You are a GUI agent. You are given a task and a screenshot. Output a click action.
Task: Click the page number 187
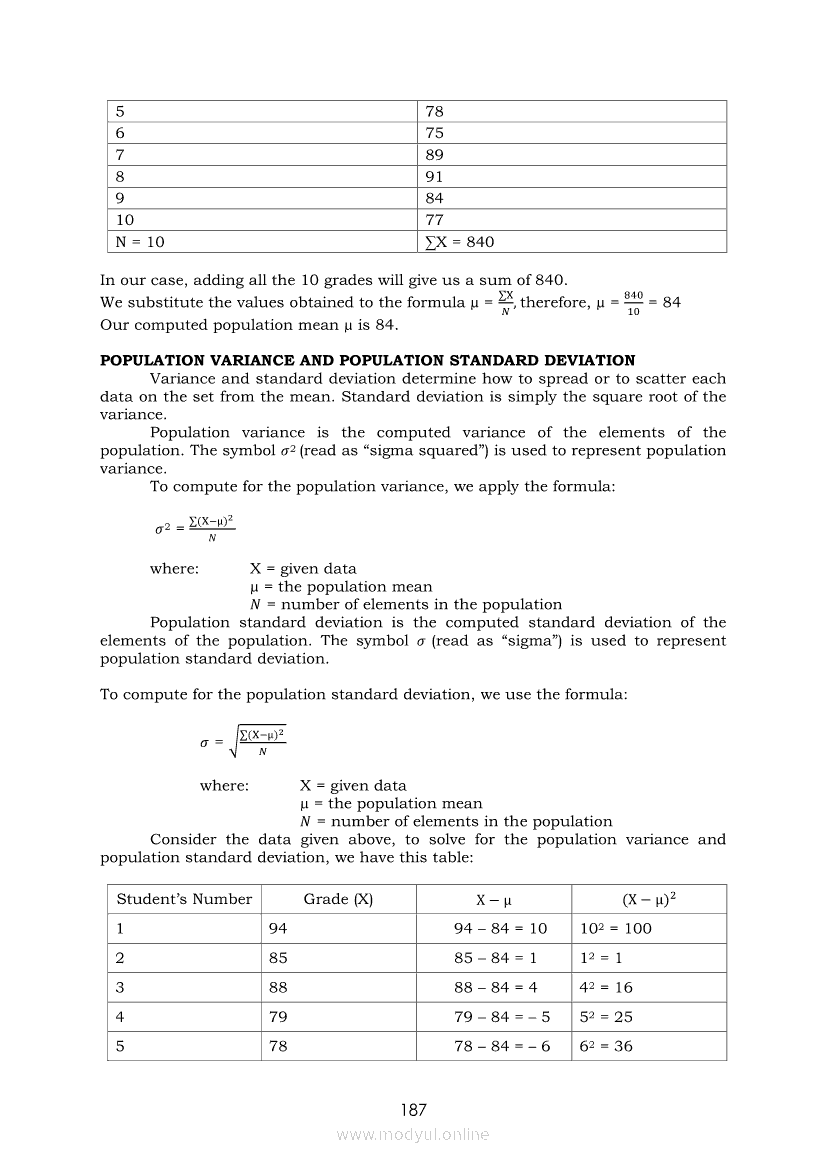413,1110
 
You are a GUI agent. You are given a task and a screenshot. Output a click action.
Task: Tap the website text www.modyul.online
413,1135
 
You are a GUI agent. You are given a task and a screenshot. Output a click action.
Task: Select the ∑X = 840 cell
460,242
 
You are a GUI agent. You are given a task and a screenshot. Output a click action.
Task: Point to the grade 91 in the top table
435,177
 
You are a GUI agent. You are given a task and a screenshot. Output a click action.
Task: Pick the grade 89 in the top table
435,155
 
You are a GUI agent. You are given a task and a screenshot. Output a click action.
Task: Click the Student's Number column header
184,899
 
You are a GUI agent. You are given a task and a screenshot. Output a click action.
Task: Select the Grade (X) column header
338,899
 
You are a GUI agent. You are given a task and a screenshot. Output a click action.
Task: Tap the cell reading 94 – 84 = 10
500,928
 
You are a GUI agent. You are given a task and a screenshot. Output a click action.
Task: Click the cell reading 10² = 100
615,928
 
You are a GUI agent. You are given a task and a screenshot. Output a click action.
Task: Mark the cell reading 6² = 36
606,1047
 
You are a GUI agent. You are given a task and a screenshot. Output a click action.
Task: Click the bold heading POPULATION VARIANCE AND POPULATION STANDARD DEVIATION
367,361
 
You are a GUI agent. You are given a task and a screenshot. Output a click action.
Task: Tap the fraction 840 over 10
633,303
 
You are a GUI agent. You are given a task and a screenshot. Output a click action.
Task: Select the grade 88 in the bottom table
278,987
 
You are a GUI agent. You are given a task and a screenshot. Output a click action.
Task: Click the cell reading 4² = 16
606,987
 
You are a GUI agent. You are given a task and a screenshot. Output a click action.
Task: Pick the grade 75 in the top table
435,133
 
